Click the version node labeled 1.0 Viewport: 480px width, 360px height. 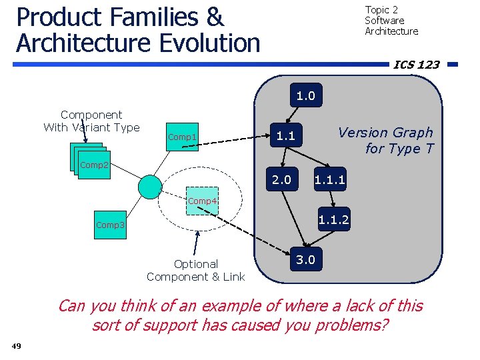305,96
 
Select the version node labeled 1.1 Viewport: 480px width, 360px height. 285,137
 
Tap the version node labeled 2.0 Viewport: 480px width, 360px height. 281,179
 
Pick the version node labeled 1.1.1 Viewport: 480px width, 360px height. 329,179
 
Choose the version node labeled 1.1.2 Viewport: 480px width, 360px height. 333,220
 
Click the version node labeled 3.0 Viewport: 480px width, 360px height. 305,259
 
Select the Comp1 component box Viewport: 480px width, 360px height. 182,137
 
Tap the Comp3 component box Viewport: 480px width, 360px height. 110,225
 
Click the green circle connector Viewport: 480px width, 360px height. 150,187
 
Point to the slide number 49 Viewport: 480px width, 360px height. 17,345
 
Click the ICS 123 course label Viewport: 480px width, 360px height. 417,65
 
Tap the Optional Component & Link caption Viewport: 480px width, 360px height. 195,270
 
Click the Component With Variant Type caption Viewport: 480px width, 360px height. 91,121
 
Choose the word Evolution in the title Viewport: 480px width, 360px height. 199,43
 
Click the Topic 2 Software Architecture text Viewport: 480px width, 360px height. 391,21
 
